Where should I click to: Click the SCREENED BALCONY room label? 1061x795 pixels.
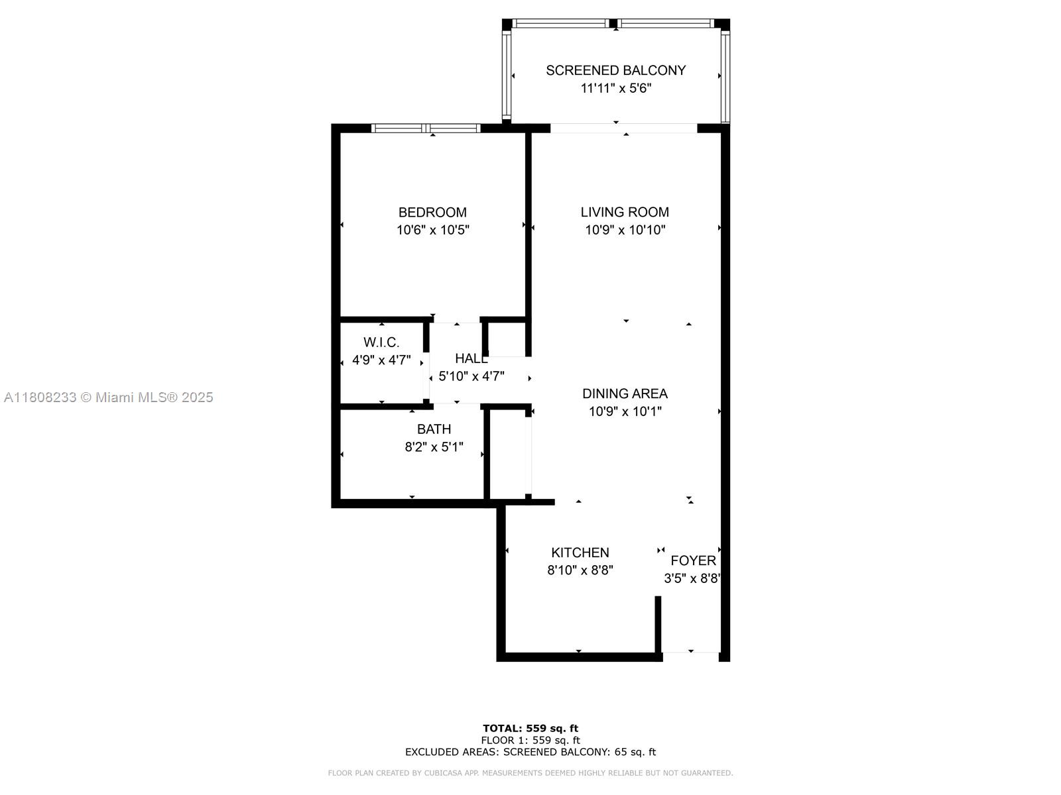tap(615, 70)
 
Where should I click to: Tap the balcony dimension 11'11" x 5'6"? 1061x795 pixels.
tap(615, 88)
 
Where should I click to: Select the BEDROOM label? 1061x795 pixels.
tap(432, 213)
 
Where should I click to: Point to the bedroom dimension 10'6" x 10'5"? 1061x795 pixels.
tap(432, 231)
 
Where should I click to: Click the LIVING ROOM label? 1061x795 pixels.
tap(625, 213)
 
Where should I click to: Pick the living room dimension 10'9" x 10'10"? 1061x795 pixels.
tap(625, 231)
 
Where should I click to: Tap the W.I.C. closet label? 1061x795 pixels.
tap(381, 343)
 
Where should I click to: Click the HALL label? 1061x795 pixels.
tap(471, 358)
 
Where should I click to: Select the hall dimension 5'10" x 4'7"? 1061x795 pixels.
tap(471, 376)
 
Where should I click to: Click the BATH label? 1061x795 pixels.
tap(434, 429)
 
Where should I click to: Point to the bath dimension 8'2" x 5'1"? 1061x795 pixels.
tap(434, 447)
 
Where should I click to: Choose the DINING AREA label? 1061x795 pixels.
tap(625, 394)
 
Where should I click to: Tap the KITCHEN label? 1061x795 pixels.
tap(580, 553)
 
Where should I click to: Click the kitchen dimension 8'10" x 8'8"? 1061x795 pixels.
tap(580, 570)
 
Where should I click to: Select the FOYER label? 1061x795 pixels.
tap(693, 560)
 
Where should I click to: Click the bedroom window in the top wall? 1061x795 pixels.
tap(426, 129)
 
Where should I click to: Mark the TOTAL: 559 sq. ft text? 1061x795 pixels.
tap(530, 728)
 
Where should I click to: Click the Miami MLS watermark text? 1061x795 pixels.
tap(108, 397)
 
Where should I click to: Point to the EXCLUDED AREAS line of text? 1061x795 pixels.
tap(530, 752)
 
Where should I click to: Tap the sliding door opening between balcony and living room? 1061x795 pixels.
tap(623, 129)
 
